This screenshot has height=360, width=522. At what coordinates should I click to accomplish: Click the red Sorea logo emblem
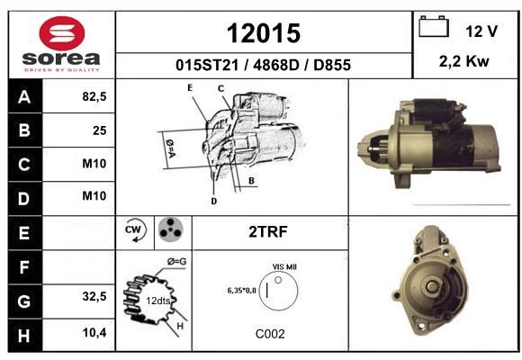point(62,33)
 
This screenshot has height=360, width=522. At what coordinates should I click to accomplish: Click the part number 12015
point(264,33)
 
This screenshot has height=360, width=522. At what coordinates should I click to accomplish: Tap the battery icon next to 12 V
point(434,26)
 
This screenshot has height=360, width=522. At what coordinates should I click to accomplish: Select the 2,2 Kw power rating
point(464,61)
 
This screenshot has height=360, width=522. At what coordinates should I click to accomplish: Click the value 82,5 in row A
point(94,96)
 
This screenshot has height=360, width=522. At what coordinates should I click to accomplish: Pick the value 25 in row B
point(100,130)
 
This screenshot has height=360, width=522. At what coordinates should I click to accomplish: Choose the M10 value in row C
point(94,164)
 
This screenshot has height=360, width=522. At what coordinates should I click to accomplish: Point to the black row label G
point(25,301)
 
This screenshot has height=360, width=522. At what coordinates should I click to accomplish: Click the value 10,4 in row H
point(94,332)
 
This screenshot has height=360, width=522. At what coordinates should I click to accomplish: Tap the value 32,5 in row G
point(94,296)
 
